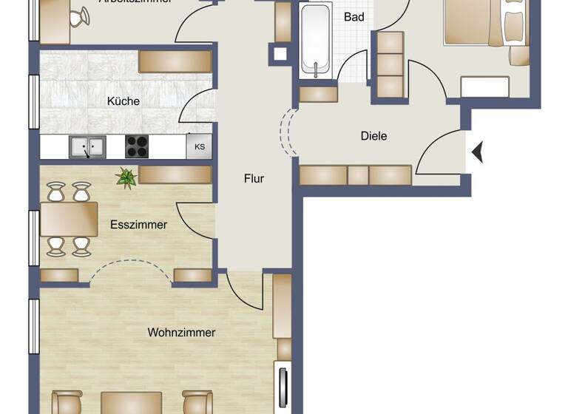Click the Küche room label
pos(123,101)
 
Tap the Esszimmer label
pos(138,225)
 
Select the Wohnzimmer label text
pos(181,333)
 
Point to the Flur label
pos(254,178)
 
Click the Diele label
pos(373,136)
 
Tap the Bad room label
pos(354,16)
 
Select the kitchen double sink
pos(87,147)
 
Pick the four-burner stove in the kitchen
pos(137,146)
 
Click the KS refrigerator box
pos(199,146)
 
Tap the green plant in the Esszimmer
pos(126,177)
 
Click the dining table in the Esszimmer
pos(69,219)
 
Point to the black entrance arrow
pos(477,152)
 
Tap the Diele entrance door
pos(438,151)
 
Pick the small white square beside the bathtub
pos(280,53)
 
